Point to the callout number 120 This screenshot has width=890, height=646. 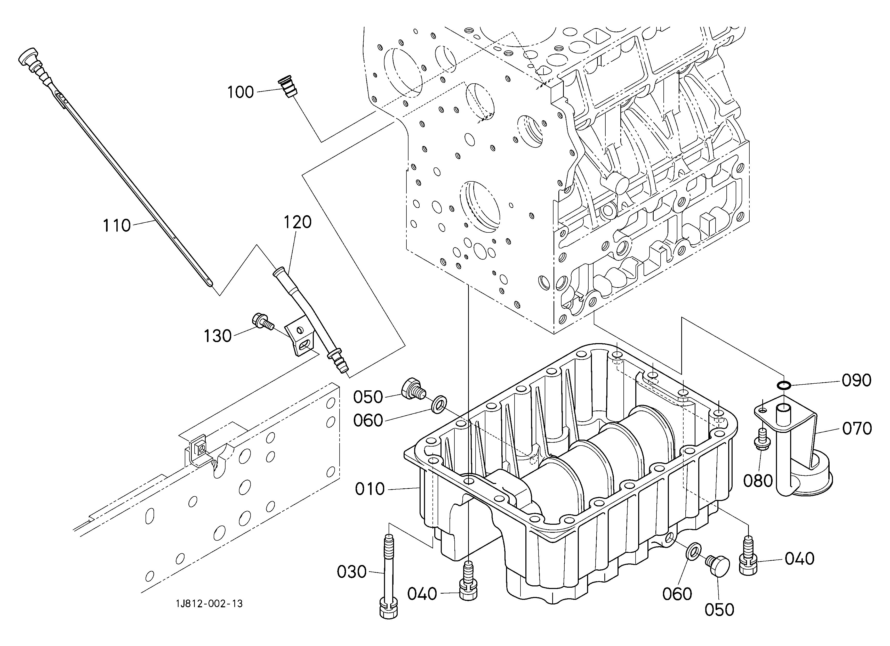298,222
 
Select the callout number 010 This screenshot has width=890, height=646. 370,489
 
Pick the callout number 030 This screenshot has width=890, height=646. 352,572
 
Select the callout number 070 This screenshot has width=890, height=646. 857,429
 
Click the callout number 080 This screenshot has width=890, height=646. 758,481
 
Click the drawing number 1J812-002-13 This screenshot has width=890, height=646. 209,604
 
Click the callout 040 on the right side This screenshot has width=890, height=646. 799,559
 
